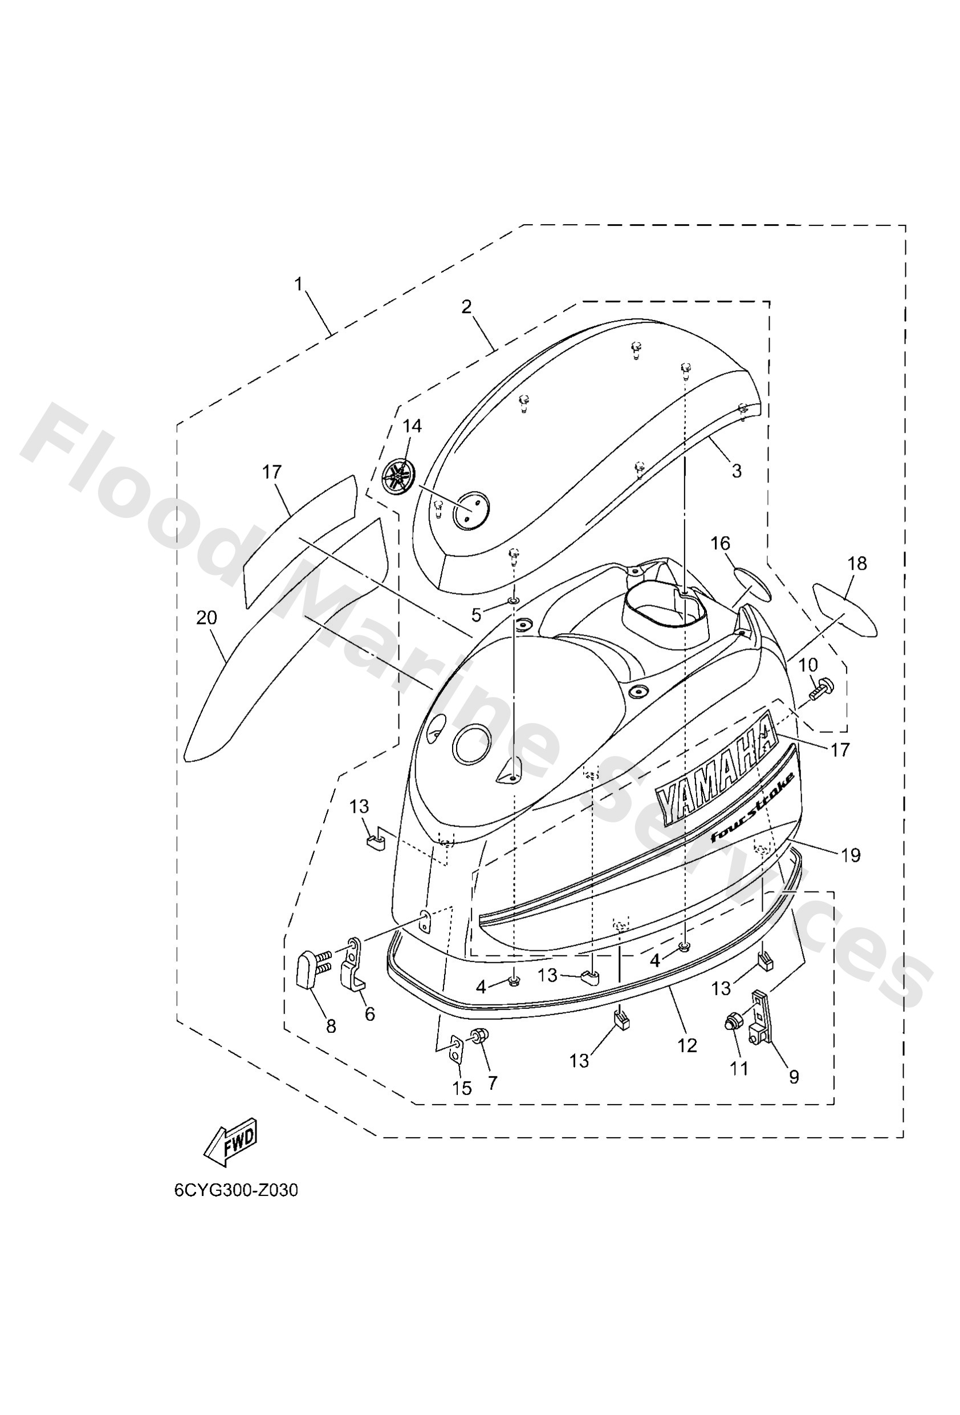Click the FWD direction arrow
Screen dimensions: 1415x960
[230, 1142]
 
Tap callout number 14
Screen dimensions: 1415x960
[412, 426]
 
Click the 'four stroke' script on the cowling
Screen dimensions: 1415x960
[752, 808]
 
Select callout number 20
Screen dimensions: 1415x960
[207, 618]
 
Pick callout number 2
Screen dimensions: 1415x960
[466, 307]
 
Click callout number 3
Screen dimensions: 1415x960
[737, 471]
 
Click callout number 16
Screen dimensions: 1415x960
[721, 543]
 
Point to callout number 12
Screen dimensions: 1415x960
[688, 1045]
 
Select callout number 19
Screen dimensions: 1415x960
[851, 856]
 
